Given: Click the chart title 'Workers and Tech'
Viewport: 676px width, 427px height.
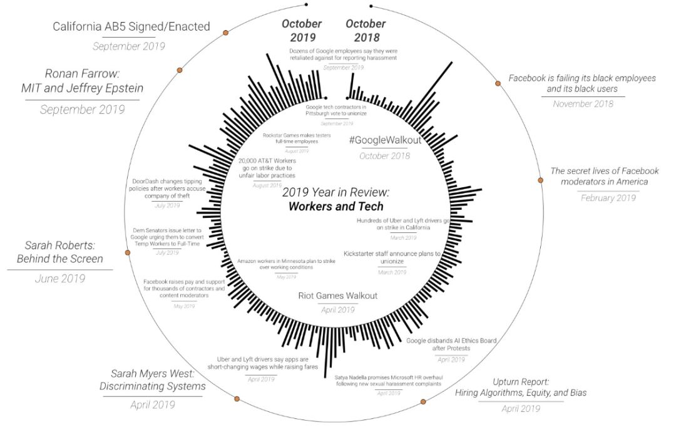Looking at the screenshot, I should click(335, 207).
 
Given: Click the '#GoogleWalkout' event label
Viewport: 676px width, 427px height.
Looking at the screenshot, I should click(385, 140).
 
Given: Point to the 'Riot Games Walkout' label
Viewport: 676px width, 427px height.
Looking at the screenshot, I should click(338, 296).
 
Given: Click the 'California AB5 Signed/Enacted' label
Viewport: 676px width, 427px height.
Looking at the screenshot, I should click(131, 27).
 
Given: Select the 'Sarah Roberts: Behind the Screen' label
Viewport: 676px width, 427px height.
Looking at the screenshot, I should click(64, 251).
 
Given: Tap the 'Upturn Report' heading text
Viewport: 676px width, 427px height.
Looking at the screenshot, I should click(521, 381).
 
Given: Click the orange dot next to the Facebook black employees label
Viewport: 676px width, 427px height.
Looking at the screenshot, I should click(498, 83).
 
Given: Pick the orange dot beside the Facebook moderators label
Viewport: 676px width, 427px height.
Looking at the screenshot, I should click(541, 180).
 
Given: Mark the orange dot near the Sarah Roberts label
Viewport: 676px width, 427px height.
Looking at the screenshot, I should click(128, 253).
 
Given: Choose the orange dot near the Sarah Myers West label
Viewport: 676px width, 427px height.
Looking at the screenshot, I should click(237, 399).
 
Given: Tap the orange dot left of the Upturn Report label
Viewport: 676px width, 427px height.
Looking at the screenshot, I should click(423, 401).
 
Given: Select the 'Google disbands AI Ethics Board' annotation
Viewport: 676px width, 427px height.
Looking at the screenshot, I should click(451, 344).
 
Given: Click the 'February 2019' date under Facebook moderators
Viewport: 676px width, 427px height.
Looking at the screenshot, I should click(607, 198).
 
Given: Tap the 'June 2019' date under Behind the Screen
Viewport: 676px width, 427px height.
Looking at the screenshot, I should click(59, 279).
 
